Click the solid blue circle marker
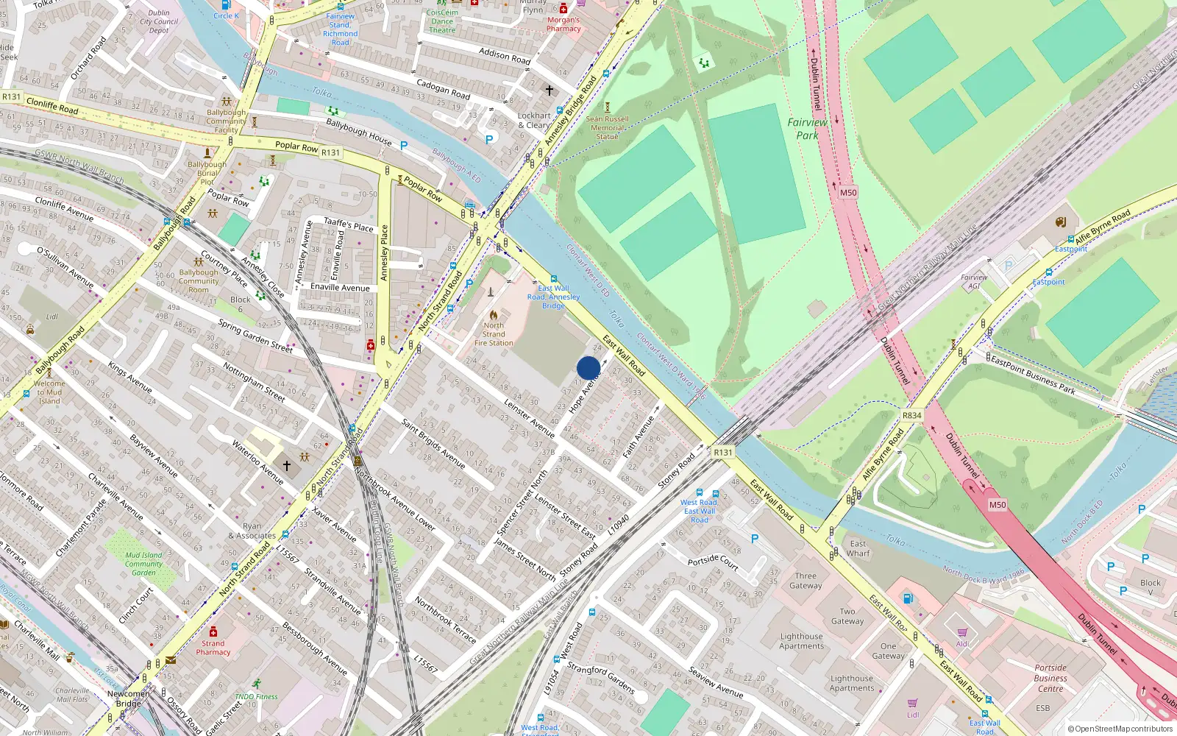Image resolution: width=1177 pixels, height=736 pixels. coord(588,368)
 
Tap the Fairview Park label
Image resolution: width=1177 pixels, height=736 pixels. coord(807,129)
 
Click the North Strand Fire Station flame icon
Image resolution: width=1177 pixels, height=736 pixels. coord(493,314)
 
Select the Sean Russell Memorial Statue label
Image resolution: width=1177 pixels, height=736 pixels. coord(607,127)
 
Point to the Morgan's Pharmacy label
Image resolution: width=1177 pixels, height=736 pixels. coord(563,24)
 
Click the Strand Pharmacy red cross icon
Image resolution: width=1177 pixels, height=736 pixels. coord(213,631)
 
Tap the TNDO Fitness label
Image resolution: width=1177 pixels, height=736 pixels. coord(256,696)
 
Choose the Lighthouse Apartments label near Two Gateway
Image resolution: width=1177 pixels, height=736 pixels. coord(801,641)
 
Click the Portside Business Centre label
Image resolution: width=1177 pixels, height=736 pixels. coord(1050,678)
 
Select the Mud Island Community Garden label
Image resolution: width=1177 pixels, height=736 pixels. coord(143,564)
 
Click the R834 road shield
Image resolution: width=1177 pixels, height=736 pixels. coord(911,415)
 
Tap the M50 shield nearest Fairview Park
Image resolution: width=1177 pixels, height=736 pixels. coord(848,193)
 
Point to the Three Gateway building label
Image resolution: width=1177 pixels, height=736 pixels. coord(806,581)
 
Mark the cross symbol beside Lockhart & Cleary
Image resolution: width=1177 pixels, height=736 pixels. coord(549,90)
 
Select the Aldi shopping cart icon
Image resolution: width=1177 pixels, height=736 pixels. coord(962,632)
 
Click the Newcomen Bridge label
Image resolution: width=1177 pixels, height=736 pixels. coord(129,698)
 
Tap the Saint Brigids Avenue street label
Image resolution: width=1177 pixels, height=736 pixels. coord(433,444)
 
